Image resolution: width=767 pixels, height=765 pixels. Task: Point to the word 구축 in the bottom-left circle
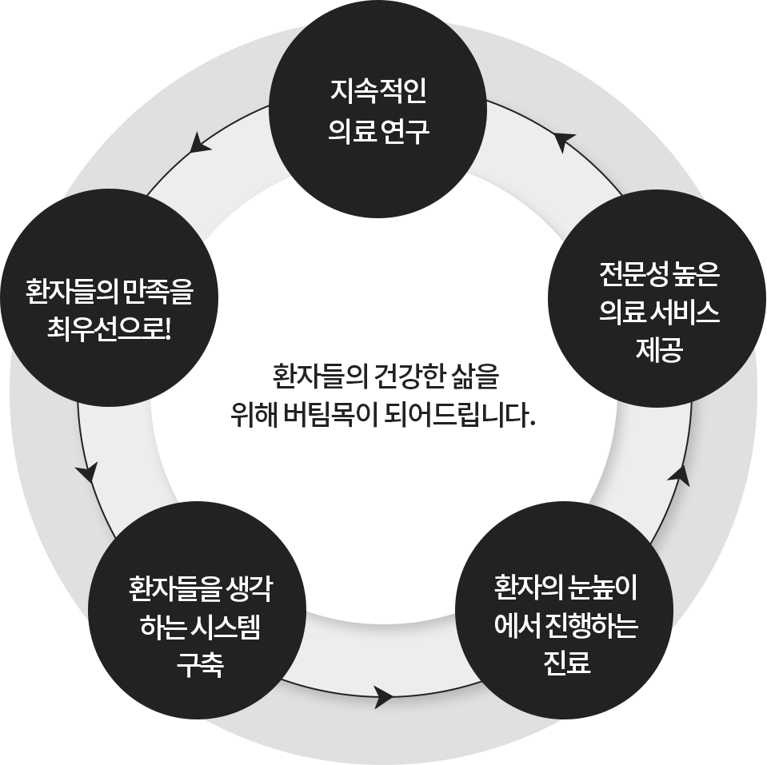[200, 662]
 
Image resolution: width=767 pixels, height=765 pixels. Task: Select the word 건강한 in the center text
[404, 373]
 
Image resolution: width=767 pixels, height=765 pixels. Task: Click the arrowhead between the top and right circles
[564, 141]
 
